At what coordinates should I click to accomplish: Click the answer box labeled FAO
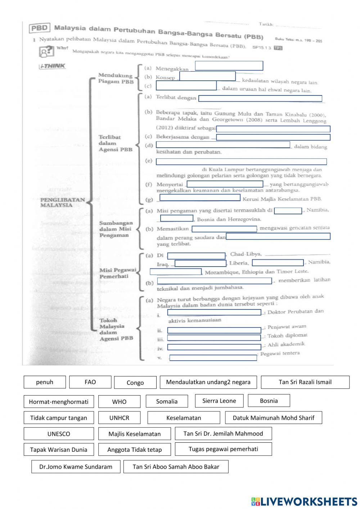point(90,382)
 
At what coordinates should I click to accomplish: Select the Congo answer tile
point(135,383)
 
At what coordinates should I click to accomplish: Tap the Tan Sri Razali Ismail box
point(305,382)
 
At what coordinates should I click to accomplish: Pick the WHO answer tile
point(119,402)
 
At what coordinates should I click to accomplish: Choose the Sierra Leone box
point(219,401)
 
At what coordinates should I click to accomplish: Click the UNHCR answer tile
point(119,418)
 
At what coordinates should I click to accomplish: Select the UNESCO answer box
point(59,434)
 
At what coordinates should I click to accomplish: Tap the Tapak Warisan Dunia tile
point(59,450)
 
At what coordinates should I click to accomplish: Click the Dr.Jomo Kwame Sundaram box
point(76,467)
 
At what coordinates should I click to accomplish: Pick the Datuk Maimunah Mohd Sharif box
point(273,418)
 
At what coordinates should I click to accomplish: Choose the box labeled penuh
point(45,382)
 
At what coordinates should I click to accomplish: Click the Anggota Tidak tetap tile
point(134,450)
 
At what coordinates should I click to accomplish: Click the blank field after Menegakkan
point(229,66)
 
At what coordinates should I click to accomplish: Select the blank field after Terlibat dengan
point(260,98)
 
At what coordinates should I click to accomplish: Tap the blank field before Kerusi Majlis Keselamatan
point(200,197)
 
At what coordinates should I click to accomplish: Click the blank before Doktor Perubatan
point(214,312)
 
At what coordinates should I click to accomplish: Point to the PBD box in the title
point(40,28)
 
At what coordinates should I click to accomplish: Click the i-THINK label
point(52,66)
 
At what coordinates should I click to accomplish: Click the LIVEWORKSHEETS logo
point(304,501)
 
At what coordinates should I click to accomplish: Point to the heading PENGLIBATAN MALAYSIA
point(62,202)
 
